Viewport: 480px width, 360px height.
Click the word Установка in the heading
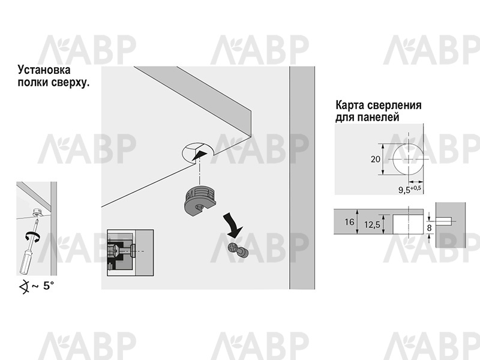pyautogui.click(x=44, y=70)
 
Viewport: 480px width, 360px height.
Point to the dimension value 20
pyautogui.click(x=376, y=159)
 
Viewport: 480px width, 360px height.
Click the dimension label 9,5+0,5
pyautogui.click(x=409, y=189)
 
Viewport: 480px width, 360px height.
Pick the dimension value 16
pyautogui.click(x=349, y=222)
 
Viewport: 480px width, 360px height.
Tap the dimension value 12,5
pyautogui.click(x=372, y=225)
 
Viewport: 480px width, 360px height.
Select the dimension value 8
pyautogui.click(x=429, y=228)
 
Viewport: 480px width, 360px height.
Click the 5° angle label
pyautogui.click(x=49, y=286)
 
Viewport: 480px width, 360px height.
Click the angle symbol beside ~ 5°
pyautogui.click(x=24, y=287)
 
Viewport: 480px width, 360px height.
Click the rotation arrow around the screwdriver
pyautogui.click(x=32, y=236)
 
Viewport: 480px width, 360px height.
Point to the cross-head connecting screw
pyautogui.click(x=238, y=250)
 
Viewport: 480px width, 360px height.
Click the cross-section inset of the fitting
pyautogui.click(x=130, y=253)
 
